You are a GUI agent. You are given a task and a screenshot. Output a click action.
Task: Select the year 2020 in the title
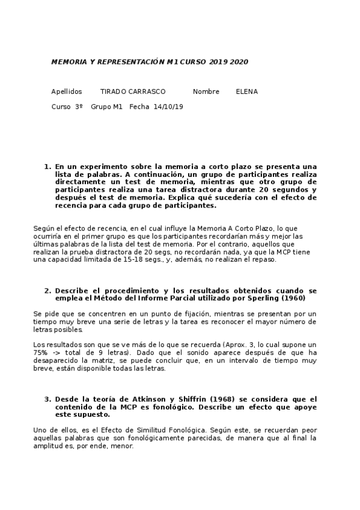point(239,62)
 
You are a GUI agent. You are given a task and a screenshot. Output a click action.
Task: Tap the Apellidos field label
point(66,92)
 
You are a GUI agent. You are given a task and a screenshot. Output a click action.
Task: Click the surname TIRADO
point(113,92)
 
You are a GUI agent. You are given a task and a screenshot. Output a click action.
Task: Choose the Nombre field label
point(206,92)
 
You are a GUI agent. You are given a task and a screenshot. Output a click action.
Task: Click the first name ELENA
point(246,92)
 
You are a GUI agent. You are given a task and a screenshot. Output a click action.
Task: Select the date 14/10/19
point(168,107)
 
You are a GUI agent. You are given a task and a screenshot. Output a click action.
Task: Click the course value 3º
point(79,107)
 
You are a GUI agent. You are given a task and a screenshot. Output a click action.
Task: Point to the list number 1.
point(47,167)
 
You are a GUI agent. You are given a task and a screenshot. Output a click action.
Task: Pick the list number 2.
point(47,290)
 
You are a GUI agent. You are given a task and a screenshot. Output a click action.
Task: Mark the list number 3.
point(47,399)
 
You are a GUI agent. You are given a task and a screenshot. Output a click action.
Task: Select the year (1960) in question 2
point(294,298)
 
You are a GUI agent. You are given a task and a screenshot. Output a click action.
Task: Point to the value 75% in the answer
point(40,352)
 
